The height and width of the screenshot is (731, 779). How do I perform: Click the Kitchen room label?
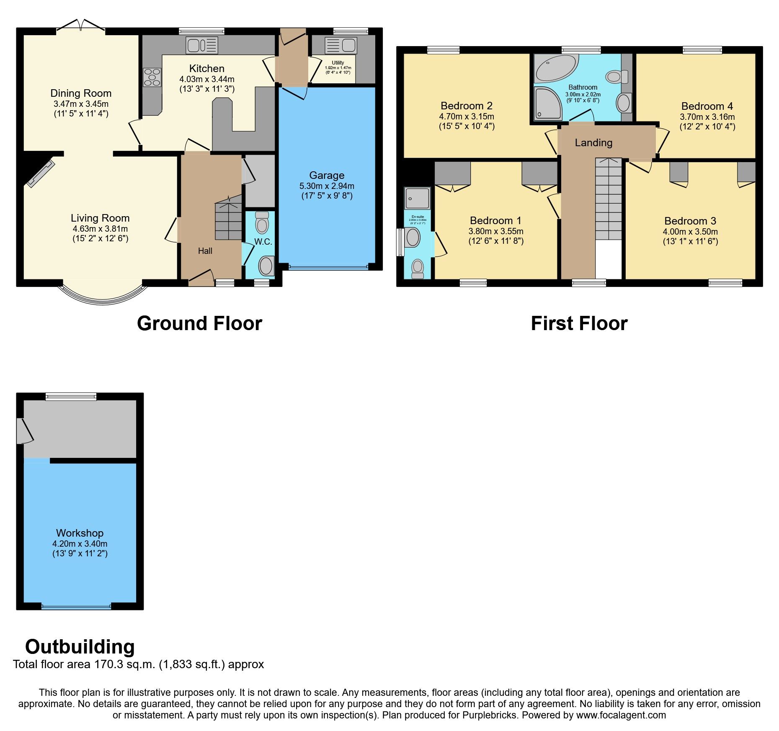[x=206, y=68]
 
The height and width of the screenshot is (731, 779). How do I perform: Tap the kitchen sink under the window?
[x=201, y=45]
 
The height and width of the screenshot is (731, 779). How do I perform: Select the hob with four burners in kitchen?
[x=152, y=77]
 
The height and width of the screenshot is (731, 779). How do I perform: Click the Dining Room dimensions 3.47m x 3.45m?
[x=81, y=104]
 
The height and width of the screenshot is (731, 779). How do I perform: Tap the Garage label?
[x=327, y=176]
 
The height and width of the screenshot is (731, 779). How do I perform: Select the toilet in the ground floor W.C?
[x=262, y=223]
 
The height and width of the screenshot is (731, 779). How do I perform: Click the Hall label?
[x=205, y=251]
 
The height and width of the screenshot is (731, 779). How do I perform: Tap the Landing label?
[x=593, y=143]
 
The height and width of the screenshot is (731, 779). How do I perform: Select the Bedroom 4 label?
[x=707, y=106]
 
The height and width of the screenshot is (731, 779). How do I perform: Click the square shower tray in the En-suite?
[x=417, y=198]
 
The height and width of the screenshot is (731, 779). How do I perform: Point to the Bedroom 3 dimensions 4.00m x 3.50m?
[x=690, y=232]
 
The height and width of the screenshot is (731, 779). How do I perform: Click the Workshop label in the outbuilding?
[x=80, y=533]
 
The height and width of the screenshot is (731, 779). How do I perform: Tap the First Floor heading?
[x=579, y=324]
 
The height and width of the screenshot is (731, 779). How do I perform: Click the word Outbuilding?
[x=80, y=647]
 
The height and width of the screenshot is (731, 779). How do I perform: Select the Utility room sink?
[x=340, y=45]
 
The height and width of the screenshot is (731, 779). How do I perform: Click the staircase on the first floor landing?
[x=609, y=199]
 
